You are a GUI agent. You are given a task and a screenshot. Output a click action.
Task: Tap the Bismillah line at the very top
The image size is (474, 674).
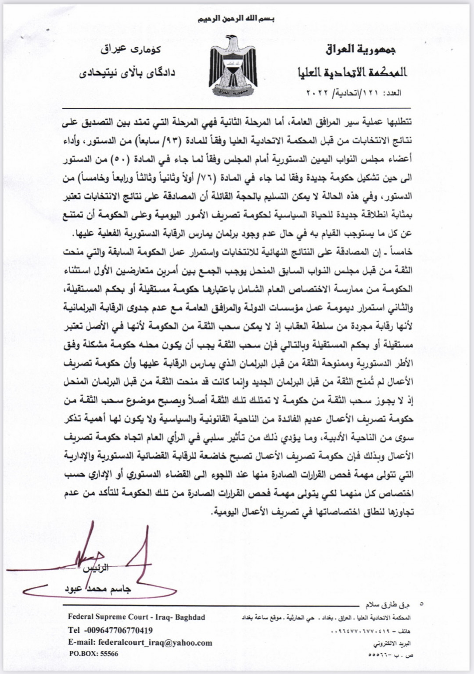[237, 19]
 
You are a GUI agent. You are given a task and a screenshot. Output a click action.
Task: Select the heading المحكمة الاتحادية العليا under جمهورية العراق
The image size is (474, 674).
[352, 72]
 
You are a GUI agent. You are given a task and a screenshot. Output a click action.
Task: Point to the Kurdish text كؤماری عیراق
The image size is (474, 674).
[131, 49]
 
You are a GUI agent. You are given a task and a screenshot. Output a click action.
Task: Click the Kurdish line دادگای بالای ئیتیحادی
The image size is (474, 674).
[127, 72]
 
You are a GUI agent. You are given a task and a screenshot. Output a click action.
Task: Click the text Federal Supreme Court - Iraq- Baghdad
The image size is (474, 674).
[136, 617]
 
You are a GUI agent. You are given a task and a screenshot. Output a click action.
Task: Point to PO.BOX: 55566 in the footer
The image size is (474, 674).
[93, 653]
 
